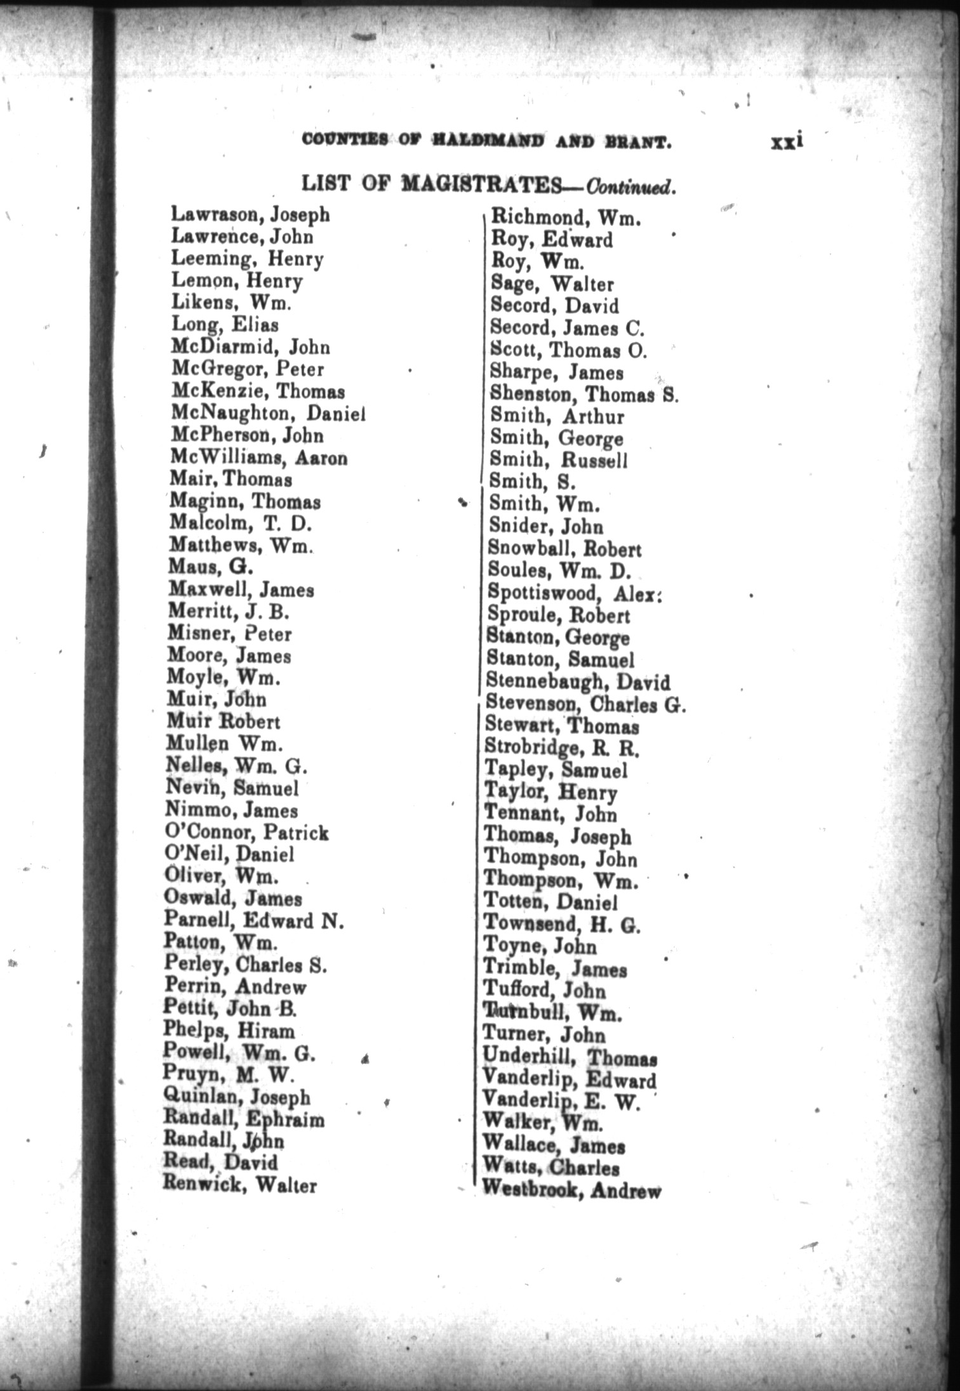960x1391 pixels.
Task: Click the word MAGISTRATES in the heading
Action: point(481,185)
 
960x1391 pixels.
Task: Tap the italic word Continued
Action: point(629,188)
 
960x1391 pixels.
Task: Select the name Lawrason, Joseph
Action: point(251,216)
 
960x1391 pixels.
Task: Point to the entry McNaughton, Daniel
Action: point(268,414)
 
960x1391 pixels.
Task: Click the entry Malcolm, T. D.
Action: point(240,524)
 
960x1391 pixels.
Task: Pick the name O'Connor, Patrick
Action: point(246,833)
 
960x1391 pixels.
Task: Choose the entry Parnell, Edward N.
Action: point(253,920)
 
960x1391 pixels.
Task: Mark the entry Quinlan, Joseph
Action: point(237,1097)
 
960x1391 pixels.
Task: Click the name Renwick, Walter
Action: point(239,1184)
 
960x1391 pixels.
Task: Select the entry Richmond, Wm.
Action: point(566,219)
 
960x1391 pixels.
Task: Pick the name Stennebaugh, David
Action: point(578,682)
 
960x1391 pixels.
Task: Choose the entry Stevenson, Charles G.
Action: point(585,704)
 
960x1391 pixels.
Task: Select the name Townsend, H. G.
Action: point(562,924)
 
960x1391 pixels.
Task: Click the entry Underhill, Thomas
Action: point(570,1057)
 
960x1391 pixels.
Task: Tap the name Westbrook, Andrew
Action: point(571,1189)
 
